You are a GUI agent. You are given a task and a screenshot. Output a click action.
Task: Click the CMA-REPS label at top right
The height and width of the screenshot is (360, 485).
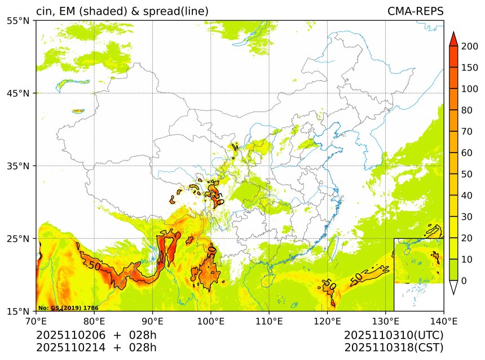click(415, 11)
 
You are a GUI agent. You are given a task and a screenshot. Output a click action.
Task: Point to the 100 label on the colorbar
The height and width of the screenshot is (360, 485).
click(470, 89)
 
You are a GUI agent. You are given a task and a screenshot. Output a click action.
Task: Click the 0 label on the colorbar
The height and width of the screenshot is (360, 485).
click(464, 281)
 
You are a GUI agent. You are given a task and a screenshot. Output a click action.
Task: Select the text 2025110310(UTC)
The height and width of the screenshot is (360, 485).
click(394, 335)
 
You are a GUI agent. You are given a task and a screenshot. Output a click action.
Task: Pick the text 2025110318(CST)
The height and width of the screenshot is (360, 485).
click(394, 347)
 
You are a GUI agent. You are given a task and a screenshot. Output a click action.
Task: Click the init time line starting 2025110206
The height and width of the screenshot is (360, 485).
click(96, 335)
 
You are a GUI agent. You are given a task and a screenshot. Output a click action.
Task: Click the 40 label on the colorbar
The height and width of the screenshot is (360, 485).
click(467, 195)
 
